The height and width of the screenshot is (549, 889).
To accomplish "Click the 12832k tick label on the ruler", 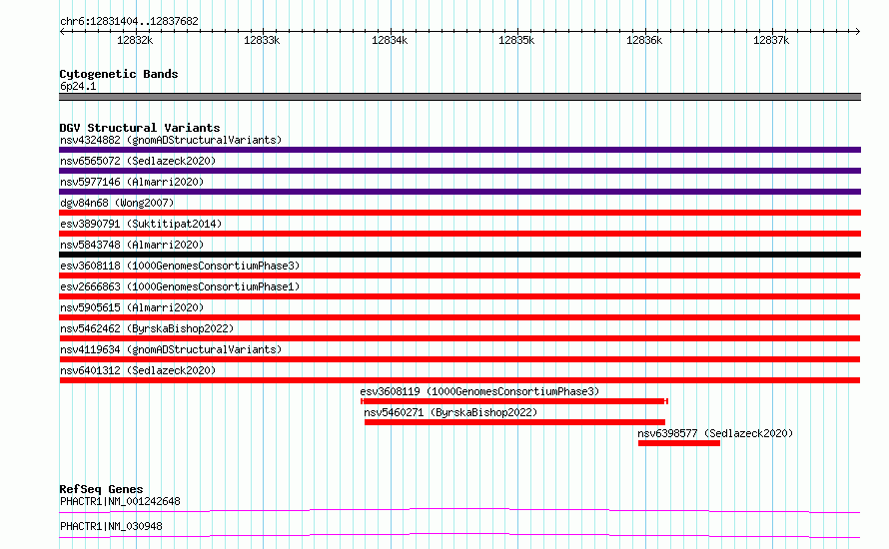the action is click(x=135, y=40).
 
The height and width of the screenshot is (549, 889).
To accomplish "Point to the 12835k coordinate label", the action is click(x=516, y=40).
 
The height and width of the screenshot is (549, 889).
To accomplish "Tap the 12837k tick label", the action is click(x=771, y=40).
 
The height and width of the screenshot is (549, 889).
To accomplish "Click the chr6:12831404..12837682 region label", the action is click(x=129, y=22).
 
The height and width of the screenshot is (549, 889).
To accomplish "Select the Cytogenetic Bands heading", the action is click(x=119, y=74).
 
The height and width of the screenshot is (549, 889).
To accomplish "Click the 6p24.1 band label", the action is click(x=78, y=86).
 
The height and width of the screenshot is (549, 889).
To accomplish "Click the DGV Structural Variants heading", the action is click(x=140, y=128).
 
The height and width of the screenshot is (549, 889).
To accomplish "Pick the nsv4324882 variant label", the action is click(x=90, y=140).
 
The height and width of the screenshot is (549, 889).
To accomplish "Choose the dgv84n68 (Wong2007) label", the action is click(x=117, y=203).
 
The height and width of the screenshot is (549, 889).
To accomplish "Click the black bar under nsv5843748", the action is click(x=459, y=255).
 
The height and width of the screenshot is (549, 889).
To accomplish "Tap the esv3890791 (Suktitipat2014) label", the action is click(x=141, y=224).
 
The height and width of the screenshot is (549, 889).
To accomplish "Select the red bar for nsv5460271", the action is click(x=514, y=422).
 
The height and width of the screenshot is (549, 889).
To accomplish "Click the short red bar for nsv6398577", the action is click(x=678, y=443).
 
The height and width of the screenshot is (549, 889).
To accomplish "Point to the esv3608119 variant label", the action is click(x=391, y=391).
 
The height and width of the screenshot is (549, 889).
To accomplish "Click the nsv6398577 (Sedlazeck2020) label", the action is click(x=715, y=433).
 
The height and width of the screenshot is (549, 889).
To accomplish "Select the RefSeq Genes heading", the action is click(x=102, y=489).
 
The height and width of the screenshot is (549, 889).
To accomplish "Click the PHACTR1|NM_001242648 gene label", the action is click(x=120, y=501).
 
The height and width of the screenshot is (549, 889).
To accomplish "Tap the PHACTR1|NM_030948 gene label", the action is click(x=111, y=526).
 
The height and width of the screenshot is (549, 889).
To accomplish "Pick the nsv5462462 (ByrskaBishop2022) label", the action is click(x=147, y=328).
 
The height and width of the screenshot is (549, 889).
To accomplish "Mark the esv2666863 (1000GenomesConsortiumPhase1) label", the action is click(x=180, y=286).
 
